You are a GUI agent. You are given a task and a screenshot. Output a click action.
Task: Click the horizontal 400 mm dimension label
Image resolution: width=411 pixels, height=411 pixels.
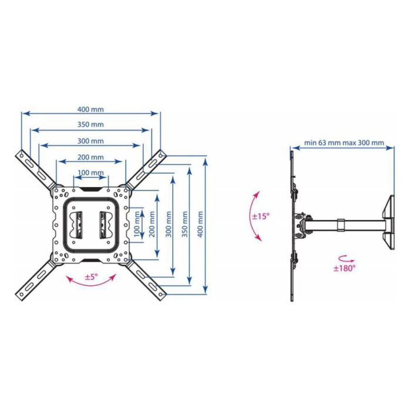click(x=90, y=109)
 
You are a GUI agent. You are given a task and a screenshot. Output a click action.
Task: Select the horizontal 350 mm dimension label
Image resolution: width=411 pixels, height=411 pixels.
click(x=90, y=124)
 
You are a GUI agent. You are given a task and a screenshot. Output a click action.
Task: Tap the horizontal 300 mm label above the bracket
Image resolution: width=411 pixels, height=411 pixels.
click(x=90, y=141)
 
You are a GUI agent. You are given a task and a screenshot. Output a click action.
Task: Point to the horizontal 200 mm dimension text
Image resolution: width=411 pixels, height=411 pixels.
click(x=90, y=157)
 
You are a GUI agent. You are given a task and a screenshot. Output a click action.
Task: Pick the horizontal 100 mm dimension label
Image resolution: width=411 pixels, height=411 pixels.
click(x=90, y=173)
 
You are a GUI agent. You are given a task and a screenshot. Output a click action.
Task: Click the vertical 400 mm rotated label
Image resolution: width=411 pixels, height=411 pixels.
click(x=200, y=225)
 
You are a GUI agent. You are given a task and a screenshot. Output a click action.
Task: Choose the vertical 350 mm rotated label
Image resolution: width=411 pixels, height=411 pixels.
click(x=185, y=225)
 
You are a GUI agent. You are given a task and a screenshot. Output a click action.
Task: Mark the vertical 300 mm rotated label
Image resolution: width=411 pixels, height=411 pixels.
click(x=169, y=225)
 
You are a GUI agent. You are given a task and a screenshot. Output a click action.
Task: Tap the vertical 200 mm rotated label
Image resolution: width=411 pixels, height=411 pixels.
click(x=151, y=225)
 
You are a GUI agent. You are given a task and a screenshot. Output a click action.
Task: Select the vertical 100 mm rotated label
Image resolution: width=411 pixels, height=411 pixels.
click(x=137, y=225)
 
